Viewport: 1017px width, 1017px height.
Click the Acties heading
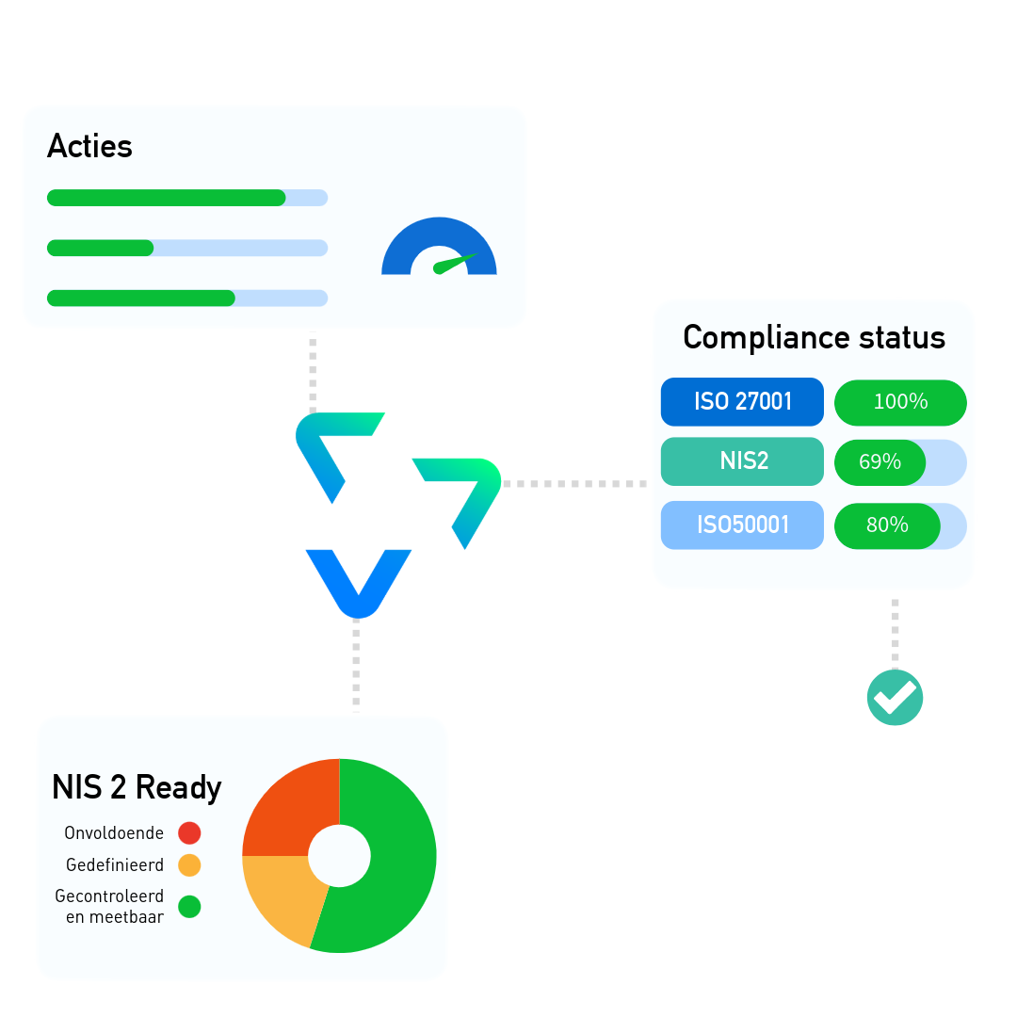point(89,146)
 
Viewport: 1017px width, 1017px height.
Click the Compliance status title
point(814,337)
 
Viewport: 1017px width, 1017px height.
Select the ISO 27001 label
point(742,401)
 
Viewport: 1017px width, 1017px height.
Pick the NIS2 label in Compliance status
point(742,461)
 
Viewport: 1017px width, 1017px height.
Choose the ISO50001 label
point(742,525)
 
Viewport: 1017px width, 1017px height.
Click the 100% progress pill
point(900,402)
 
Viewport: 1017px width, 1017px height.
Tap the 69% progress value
point(880,462)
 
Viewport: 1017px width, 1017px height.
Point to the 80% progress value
point(886,525)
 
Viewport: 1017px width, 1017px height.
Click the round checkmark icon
point(895,698)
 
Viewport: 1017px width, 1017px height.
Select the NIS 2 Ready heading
point(137,787)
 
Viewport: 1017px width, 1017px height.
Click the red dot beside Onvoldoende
point(189,832)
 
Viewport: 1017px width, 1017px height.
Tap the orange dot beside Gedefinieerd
point(189,864)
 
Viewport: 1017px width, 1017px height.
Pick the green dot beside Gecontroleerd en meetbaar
point(189,907)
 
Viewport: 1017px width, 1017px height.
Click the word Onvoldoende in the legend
point(114,833)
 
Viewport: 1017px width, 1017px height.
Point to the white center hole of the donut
point(339,856)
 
